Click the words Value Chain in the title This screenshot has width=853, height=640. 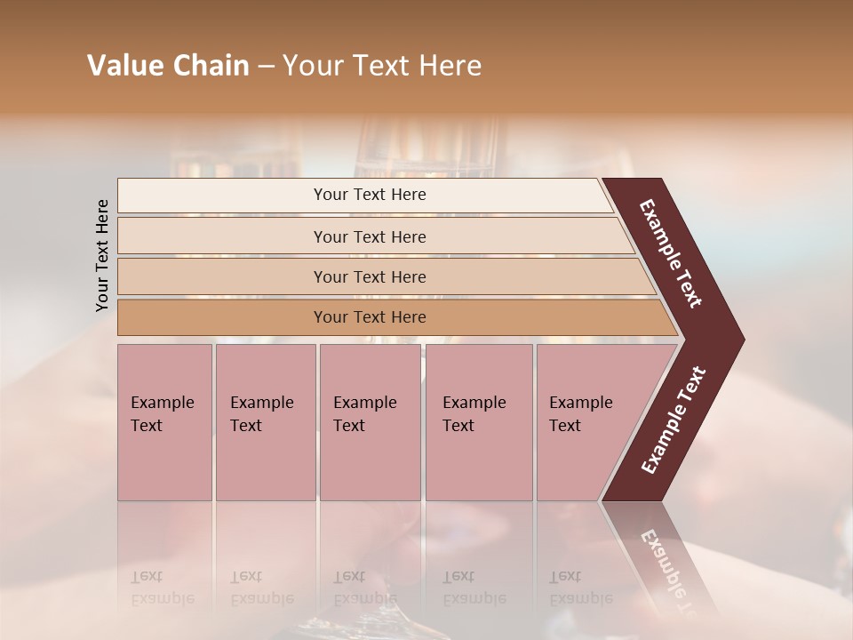(x=168, y=66)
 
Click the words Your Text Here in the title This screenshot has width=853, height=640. (x=381, y=66)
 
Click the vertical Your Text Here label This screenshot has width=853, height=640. (x=102, y=255)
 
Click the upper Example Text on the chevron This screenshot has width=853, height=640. (x=671, y=253)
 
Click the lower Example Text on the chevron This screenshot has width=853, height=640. (x=674, y=420)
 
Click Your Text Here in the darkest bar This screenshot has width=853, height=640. (x=370, y=317)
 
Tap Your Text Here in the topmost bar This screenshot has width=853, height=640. (x=370, y=195)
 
